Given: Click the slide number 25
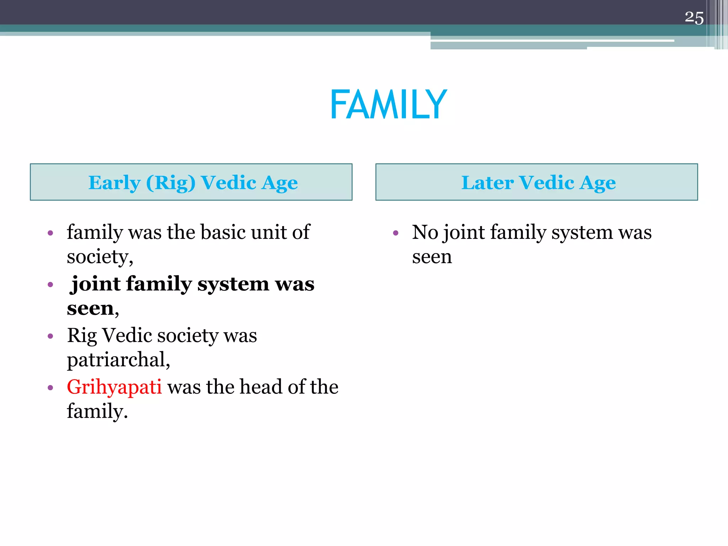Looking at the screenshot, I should click(694, 18).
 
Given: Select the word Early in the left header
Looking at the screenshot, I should click(114, 183).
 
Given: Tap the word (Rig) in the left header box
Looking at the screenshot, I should click(171, 183).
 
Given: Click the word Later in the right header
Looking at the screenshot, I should click(487, 183).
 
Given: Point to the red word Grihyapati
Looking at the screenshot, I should click(114, 387).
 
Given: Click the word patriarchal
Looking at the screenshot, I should click(118, 360).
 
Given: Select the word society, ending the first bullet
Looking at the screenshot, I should click(100, 257).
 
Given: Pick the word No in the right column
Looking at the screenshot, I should click(425, 232).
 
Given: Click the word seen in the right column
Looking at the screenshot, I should click(432, 257).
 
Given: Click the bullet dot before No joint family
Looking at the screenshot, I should click(396, 233).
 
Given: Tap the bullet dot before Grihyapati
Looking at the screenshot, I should click(50, 387).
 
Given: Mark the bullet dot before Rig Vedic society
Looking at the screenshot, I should click(50, 336).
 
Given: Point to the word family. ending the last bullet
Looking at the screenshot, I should click(97, 412).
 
